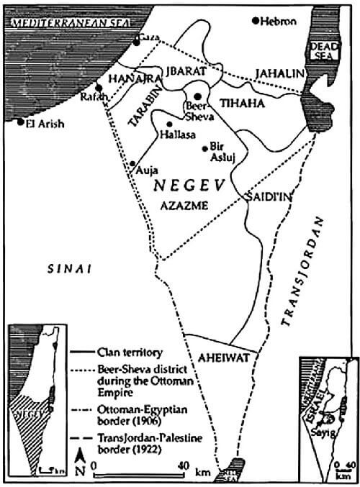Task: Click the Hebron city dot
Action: click(x=256, y=20)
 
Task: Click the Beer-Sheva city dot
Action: click(x=197, y=96)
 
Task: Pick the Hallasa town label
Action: click(x=178, y=134)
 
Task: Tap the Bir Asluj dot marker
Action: click(x=205, y=149)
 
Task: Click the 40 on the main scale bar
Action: click(x=185, y=464)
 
